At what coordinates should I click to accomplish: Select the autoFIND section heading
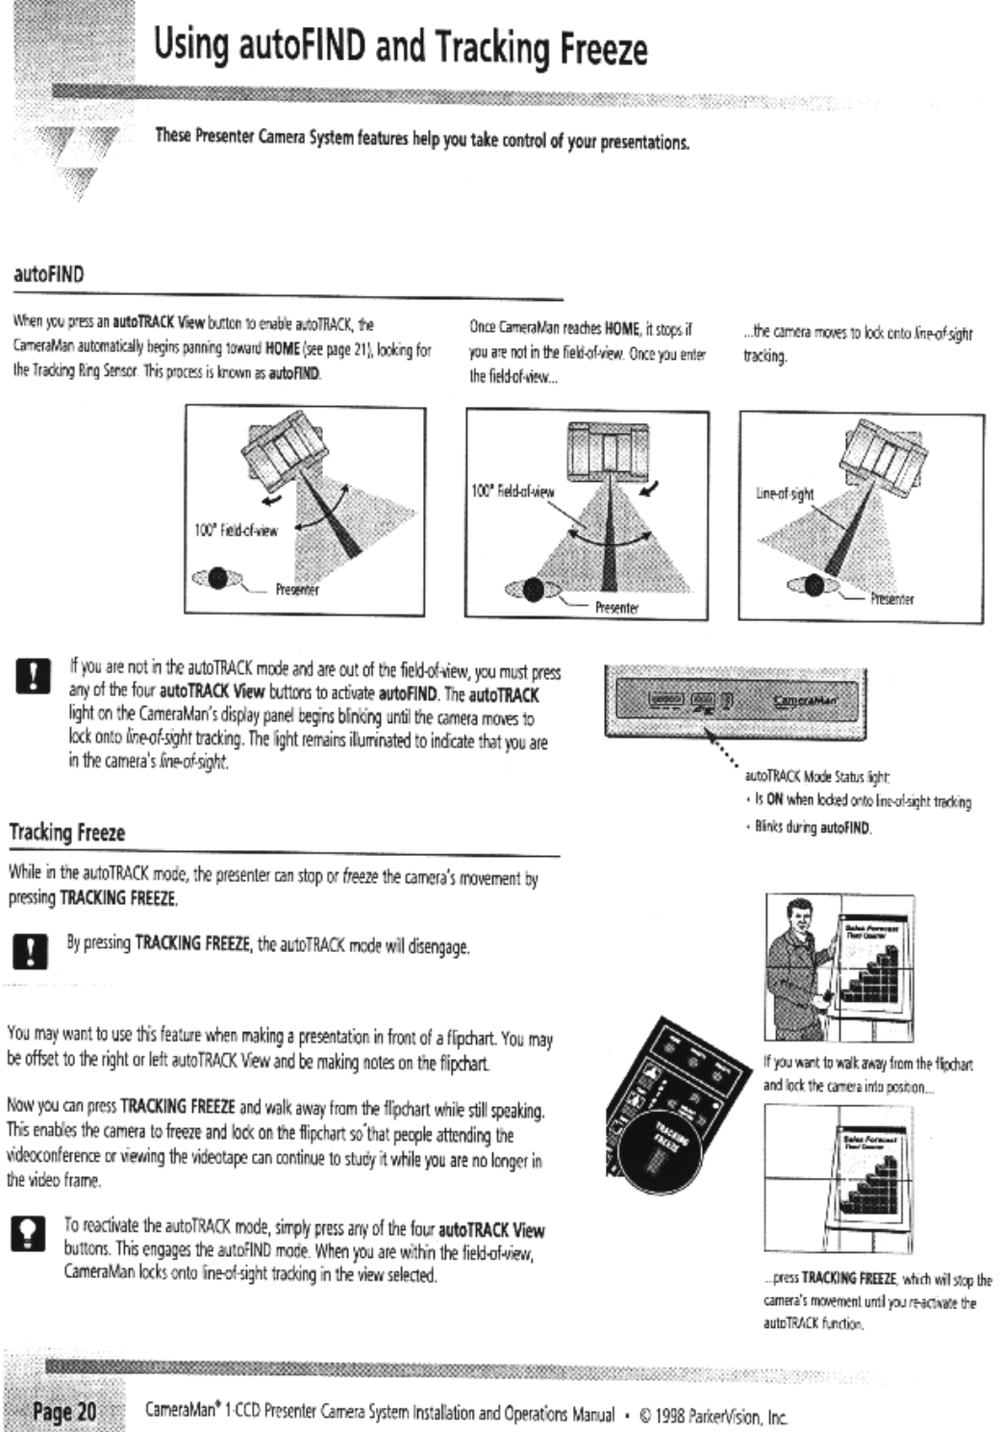pos(48,274)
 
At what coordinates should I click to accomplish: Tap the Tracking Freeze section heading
pos(67,832)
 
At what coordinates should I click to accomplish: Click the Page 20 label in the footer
pos(64,1411)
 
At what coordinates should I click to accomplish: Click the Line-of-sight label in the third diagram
pos(785,494)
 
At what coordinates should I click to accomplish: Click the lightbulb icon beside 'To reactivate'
pos(27,1233)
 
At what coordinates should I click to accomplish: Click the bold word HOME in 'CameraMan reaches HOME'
pos(622,329)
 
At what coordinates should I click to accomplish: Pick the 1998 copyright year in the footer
pos(671,1416)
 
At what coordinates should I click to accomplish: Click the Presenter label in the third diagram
pos(891,599)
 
